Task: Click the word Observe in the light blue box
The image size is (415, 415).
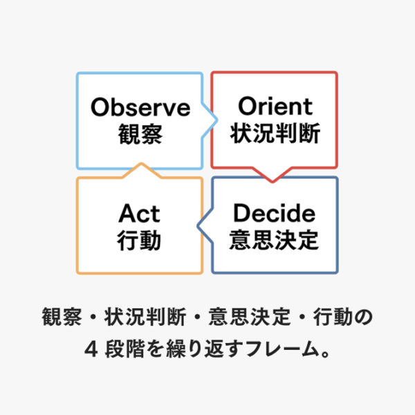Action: tap(140, 108)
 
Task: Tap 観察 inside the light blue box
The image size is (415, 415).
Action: tap(140, 133)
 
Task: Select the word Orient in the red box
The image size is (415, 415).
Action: tap(275, 107)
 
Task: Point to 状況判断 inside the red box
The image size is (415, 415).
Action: tap(275, 133)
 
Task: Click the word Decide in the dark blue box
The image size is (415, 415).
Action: tap(274, 213)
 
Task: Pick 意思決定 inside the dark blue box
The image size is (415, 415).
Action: tap(274, 239)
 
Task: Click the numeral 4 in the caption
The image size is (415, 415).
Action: tap(89, 349)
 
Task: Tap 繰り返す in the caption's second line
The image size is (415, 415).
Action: tap(194, 349)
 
